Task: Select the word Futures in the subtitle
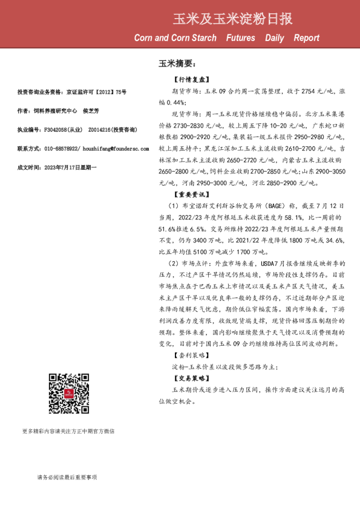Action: tap(240, 38)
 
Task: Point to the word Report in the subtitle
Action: tap(307, 38)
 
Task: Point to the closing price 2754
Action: tap(300, 90)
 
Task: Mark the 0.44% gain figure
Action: tap(173, 102)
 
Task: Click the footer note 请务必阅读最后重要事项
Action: tap(67, 478)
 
